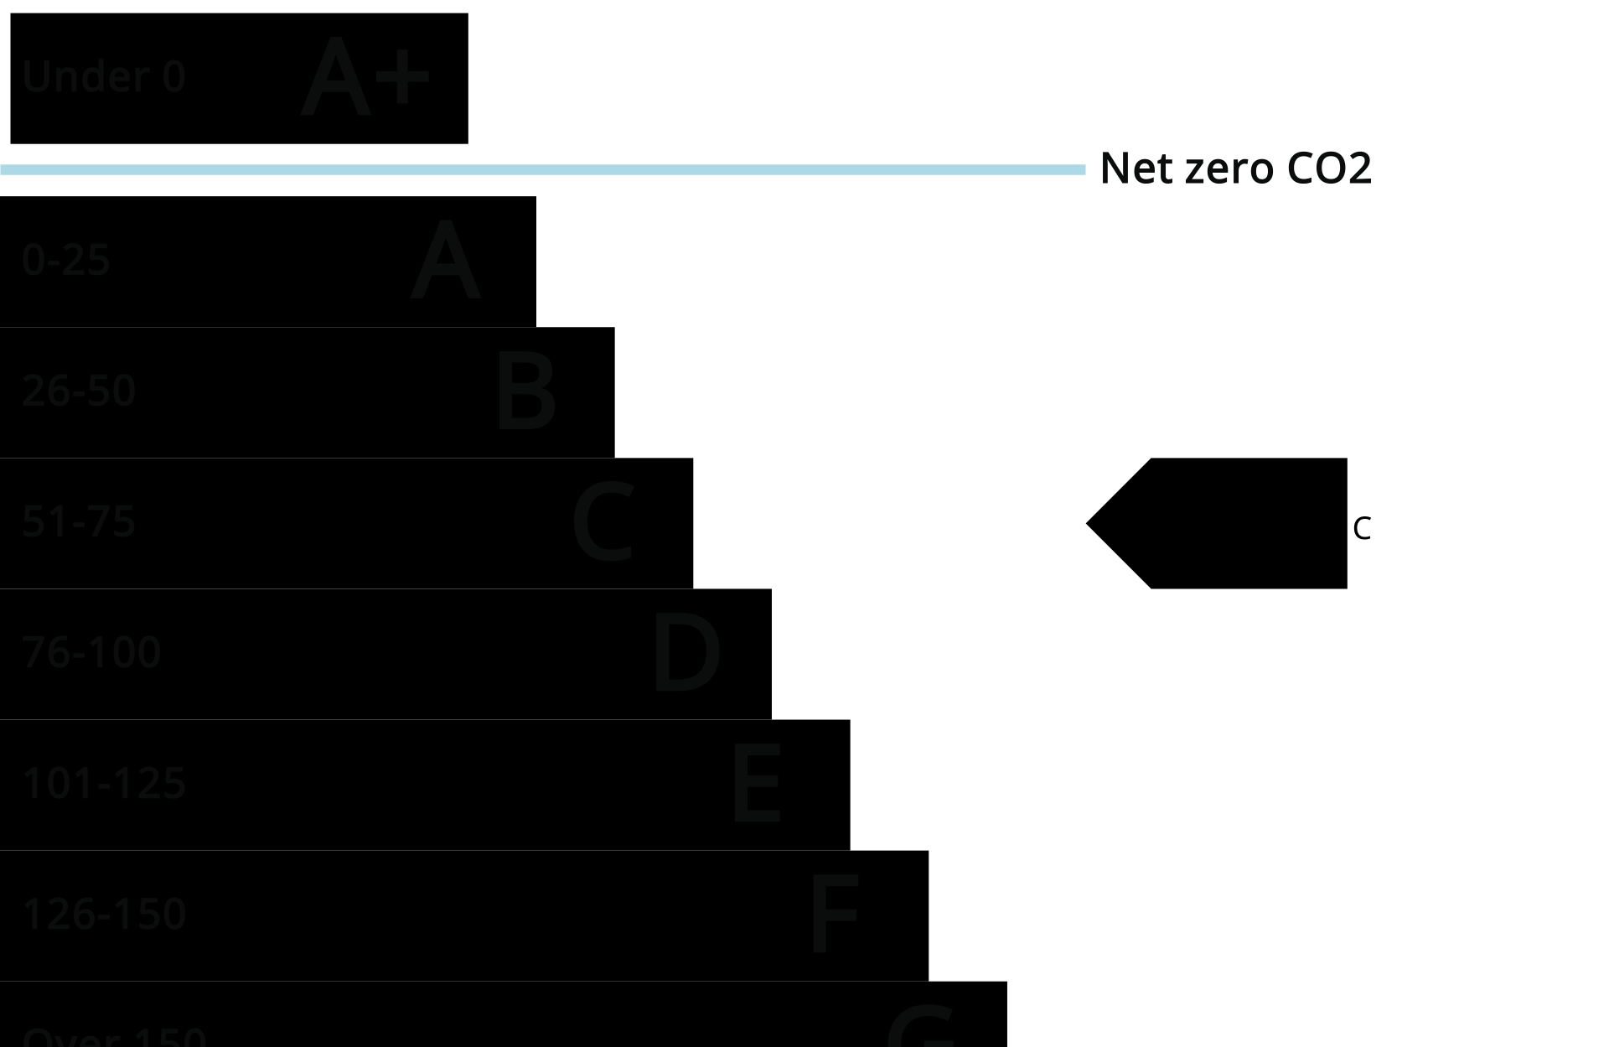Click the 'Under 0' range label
pyautogui.click(x=103, y=77)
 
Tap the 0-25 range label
pyautogui.click(x=66, y=260)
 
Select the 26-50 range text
pyautogui.click(x=79, y=391)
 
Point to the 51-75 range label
pyautogui.click(x=79, y=521)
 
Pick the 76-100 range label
pyautogui.click(x=91, y=652)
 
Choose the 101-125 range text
pyautogui.click(x=104, y=783)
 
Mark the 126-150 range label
pyautogui.click(x=104, y=914)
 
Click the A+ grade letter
pyautogui.click(x=365, y=77)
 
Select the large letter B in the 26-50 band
pyautogui.click(x=525, y=391)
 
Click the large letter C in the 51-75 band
pyautogui.click(x=603, y=522)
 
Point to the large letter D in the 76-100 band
pyautogui.click(x=686, y=653)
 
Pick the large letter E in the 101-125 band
pyautogui.click(x=757, y=784)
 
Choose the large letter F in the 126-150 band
pyautogui.click(x=835, y=915)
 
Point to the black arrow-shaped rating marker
pyautogui.click(x=1232, y=523)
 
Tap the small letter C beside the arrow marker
pyautogui.click(x=1362, y=529)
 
